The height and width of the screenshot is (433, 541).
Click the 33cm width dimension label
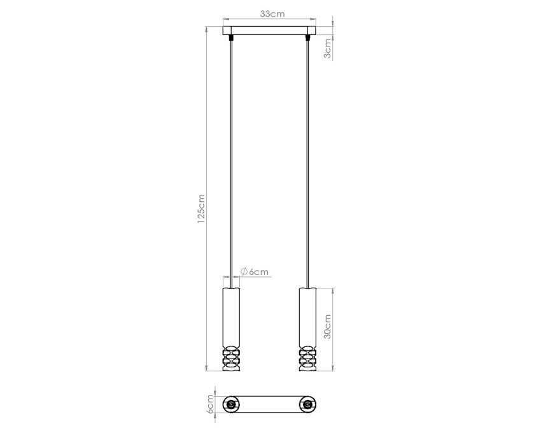tap(272, 14)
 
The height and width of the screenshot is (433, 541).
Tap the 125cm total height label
tap(201, 209)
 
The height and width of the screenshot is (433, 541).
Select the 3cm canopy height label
tap(327, 48)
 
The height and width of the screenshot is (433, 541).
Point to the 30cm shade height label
tap(327, 326)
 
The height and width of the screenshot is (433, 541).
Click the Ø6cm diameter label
tap(254, 272)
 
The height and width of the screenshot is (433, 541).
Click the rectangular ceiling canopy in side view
tap(269, 31)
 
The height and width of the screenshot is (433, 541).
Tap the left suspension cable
tap(231, 162)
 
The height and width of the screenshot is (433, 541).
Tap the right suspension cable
tap(307, 162)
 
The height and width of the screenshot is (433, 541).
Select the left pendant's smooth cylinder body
tap(231, 316)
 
